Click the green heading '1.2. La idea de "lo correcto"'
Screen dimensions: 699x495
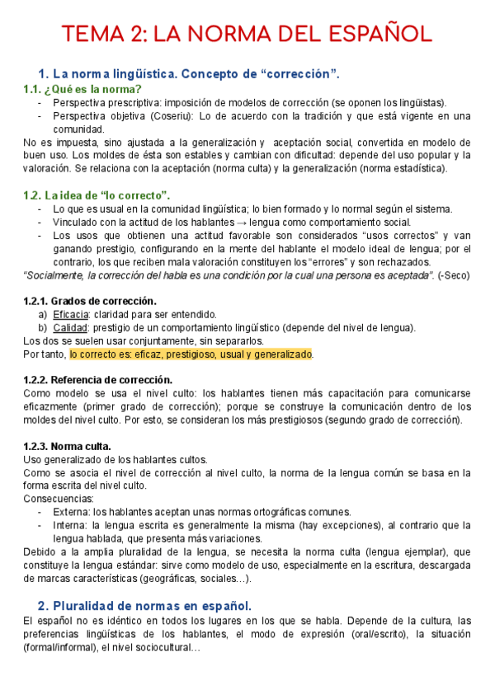pos(97,195)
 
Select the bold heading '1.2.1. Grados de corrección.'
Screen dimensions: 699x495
pos(90,301)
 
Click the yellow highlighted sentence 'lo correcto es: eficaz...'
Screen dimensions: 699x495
pos(191,354)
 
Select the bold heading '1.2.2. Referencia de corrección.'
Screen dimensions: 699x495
pos(98,380)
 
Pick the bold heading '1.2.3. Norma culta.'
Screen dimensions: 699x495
pos(68,446)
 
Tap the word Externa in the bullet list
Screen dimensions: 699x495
pos(71,512)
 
